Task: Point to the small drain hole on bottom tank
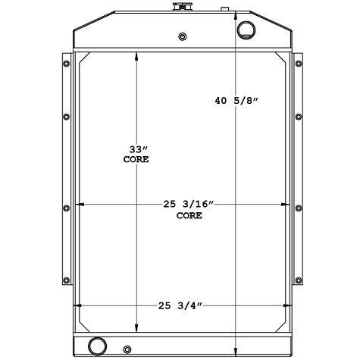(x=127, y=349)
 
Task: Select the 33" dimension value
(x=136, y=149)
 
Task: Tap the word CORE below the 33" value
(x=136, y=160)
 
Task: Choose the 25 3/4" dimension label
(x=181, y=305)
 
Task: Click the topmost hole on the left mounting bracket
(x=65, y=62)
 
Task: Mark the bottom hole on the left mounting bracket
(x=65, y=280)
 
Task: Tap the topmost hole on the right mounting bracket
(x=298, y=62)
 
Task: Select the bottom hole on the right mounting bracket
(x=298, y=280)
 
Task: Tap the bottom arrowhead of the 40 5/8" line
(x=238, y=352)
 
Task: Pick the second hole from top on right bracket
(x=298, y=117)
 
